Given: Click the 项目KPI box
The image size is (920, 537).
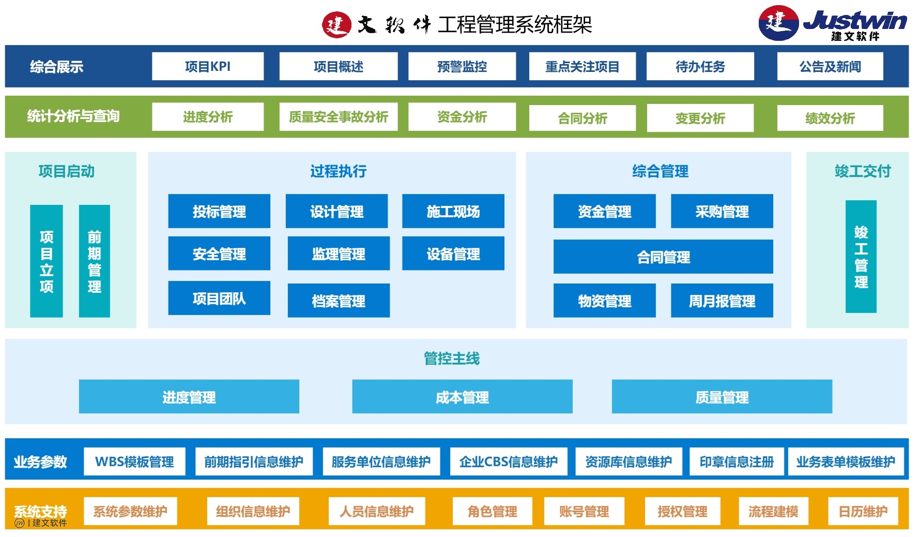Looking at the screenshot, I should pos(207,66).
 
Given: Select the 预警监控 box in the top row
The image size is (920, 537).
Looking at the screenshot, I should pos(462,66).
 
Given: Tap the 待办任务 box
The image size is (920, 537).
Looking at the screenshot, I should pos(700,66).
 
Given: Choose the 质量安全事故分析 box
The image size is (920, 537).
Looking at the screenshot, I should pos(338,117).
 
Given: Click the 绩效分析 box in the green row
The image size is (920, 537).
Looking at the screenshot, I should pos(830,118).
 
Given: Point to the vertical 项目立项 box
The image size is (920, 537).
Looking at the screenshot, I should pos(47,261).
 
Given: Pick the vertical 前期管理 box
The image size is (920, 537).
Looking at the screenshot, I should pos(94,261).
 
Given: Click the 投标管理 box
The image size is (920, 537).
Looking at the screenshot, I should pos(219,211).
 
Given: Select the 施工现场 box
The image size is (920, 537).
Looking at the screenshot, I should pos(453,211).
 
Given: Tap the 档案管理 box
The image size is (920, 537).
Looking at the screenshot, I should pos(339,301).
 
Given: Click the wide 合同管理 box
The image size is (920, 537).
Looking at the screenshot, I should pos(663,257).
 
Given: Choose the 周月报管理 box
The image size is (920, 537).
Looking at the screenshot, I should pos(722,301).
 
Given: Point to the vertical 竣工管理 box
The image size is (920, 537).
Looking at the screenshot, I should pos(861,257).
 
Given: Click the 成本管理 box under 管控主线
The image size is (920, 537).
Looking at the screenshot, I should pos(462,397).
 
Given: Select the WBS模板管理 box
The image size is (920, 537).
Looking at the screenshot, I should pos(134,461).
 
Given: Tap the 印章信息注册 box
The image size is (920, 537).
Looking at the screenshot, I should pos(737,461).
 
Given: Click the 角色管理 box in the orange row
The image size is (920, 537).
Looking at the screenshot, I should pos(492,511).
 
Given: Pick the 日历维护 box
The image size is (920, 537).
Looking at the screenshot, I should pos(863,511).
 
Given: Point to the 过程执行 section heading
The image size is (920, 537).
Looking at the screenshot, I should pos(338,171).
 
